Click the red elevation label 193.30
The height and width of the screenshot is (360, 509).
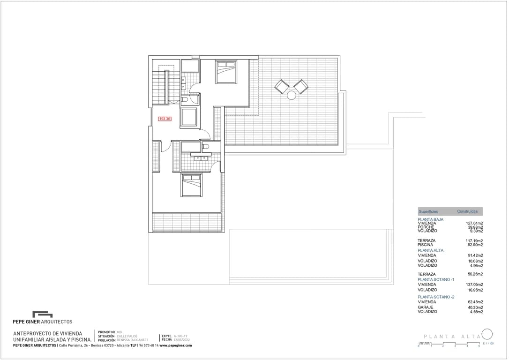pyautogui.click(x=165, y=119)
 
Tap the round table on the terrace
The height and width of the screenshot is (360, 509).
pyautogui.click(x=292, y=95)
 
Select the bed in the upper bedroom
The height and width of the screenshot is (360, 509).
pyautogui.click(x=226, y=72)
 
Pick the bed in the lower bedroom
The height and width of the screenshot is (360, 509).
pyautogui.click(x=192, y=185)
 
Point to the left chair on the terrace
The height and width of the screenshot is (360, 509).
pyautogui.click(x=282, y=86)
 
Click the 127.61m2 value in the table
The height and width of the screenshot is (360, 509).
pyautogui.click(x=475, y=224)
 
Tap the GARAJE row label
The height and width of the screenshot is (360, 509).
pyautogui.click(x=426, y=307)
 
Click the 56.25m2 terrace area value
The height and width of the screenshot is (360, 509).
pyautogui.click(x=475, y=274)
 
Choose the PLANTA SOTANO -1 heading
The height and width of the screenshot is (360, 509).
pyautogui.click(x=436, y=279)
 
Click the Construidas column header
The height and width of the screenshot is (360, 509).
pyautogui.click(x=467, y=211)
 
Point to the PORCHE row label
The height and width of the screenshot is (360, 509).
pyautogui.click(x=426, y=227)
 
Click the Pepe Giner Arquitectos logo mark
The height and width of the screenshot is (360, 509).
pyautogui.click(x=42, y=315)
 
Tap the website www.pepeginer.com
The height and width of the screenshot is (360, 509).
pyautogui.click(x=176, y=345)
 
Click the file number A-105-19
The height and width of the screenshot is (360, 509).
pyautogui.click(x=181, y=336)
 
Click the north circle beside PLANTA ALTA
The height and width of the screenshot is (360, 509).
pyautogui.click(x=487, y=334)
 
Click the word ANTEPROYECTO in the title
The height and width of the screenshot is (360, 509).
pyautogui.click(x=32, y=334)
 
